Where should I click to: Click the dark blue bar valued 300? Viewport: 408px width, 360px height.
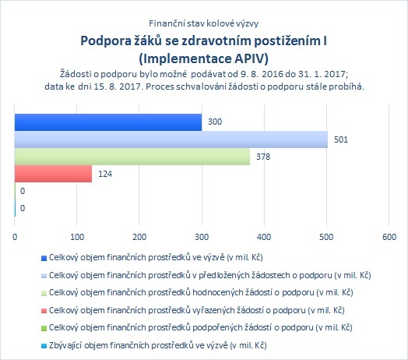pyautogui.click(x=108, y=122)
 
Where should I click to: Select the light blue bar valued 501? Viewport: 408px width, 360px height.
pyautogui.click(x=171, y=139)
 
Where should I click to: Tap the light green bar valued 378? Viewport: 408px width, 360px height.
pyautogui.click(x=132, y=157)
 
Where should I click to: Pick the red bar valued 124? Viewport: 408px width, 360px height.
pyautogui.click(x=54, y=174)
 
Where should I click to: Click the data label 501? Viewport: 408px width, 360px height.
pyautogui.click(x=341, y=139)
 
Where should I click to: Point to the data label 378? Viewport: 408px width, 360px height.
pyautogui.click(x=263, y=157)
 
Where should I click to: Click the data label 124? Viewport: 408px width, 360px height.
pyautogui.click(x=105, y=174)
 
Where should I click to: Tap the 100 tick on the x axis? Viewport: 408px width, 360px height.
pyautogui.click(x=77, y=237)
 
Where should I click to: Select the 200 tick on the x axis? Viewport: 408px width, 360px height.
pyautogui.click(x=139, y=237)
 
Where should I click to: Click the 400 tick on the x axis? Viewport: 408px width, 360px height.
pyautogui.click(x=264, y=237)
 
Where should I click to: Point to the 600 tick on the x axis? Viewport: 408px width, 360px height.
pyautogui.click(x=389, y=237)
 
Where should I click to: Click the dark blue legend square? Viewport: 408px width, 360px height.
pyautogui.click(x=44, y=258)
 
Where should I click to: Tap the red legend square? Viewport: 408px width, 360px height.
pyautogui.click(x=44, y=311)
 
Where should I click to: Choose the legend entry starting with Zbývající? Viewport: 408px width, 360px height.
pyautogui.click(x=158, y=345)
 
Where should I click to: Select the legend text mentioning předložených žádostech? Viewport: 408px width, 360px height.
pyautogui.click(x=209, y=275)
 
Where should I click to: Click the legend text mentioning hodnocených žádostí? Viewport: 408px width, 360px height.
pyautogui.click(x=201, y=292)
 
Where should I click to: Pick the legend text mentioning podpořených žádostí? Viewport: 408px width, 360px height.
pyautogui.click(x=201, y=327)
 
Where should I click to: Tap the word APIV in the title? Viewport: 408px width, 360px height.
pyautogui.click(x=251, y=58)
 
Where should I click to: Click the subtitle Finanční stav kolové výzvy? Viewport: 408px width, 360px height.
pyautogui.click(x=204, y=23)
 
